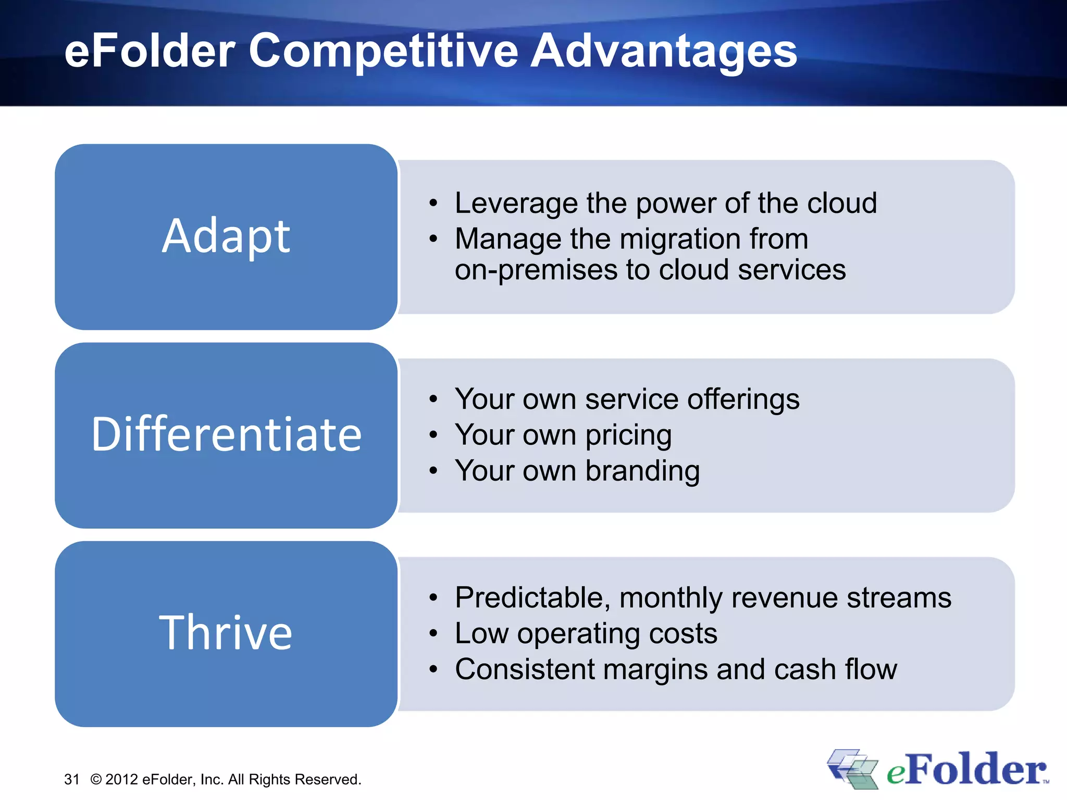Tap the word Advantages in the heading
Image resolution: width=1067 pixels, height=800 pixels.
[x=663, y=51]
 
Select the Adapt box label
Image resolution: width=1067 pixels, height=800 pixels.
[x=226, y=236]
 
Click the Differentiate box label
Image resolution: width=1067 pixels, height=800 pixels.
[x=226, y=434]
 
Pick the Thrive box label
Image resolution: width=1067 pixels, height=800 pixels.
[x=226, y=633]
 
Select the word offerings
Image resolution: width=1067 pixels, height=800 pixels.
[x=743, y=399]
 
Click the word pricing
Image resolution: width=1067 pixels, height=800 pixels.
[x=628, y=435]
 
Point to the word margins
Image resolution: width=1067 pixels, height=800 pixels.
[x=655, y=669]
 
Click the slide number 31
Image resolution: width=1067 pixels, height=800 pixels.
[x=72, y=779]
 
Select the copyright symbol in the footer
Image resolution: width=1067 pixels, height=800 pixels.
[x=96, y=779]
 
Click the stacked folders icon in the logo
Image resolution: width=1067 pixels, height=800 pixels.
[x=851, y=769]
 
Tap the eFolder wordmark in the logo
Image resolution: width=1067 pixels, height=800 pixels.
[x=966, y=770]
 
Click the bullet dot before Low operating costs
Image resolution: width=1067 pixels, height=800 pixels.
[x=433, y=633]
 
